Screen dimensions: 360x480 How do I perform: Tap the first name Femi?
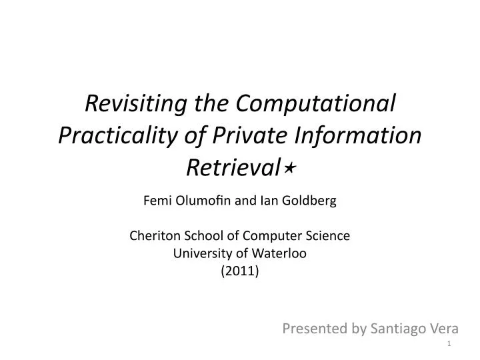coord(157,201)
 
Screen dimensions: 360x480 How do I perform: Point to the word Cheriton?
coord(151,236)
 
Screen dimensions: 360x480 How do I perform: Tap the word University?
coord(198,253)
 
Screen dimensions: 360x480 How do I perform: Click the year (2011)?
coord(240,271)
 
